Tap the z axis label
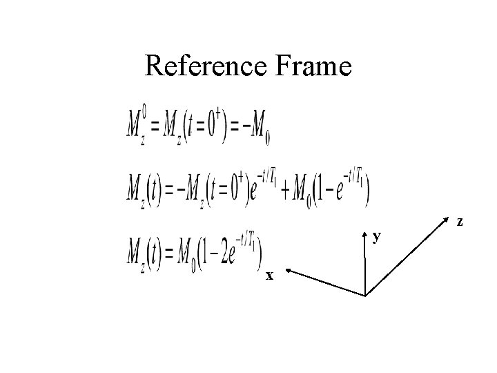point(460,222)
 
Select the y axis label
point(376,237)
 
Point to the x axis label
point(271,276)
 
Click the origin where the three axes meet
point(364,295)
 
